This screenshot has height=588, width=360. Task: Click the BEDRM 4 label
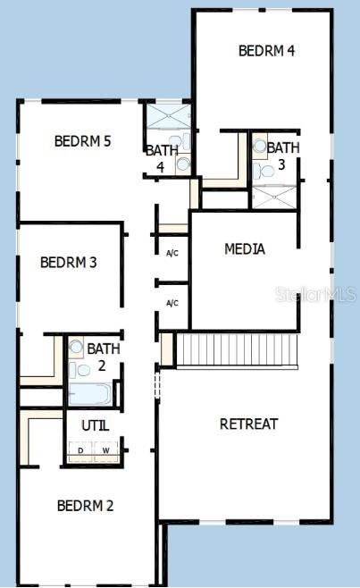(x=266, y=51)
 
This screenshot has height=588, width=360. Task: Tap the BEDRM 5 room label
(x=82, y=140)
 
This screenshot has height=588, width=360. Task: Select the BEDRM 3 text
(x=68, y=263)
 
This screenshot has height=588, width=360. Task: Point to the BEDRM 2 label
(x=85, y=506)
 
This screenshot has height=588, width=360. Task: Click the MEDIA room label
(x=244, y=249)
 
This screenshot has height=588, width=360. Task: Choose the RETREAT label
(x=248, y=424)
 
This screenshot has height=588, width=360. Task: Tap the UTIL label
(x=96, y=425)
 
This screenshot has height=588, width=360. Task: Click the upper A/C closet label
(x=172, y=253)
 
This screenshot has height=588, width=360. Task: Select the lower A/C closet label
(x=172, y=303)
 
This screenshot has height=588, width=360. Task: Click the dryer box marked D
(x=81, y=449)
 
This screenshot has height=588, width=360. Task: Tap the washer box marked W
(x=107, y=449)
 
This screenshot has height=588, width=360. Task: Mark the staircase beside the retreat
(x=237, y=349)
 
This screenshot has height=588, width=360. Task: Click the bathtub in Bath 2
(x=90, y=394)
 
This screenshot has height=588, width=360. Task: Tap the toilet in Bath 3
(x=264, y=169)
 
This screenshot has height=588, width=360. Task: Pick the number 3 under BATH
(x=280, y=164)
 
